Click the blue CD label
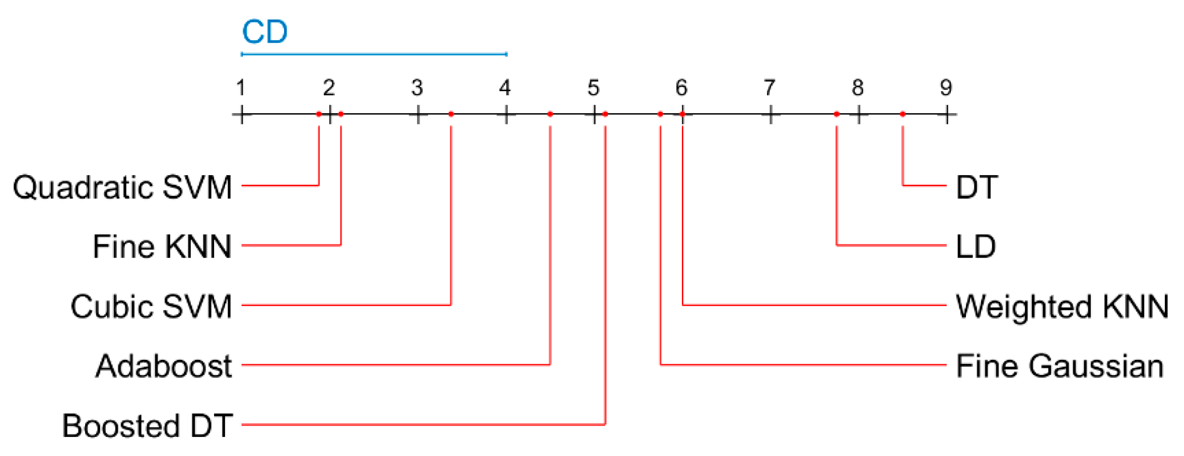pyautogui.click(x=264, y=32)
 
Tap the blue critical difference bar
pyautogui.click(x=374, y=54)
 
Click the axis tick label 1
pyautogui.click(x=241, y=88)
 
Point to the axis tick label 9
pyautogui.click(x=946, y=88)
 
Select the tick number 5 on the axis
pyautogui.click(x=593, y=88)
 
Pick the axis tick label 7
pyautogui.click(x=769, y=88)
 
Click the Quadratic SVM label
pyautogui.click(x=122, y=187)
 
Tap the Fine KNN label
pyautogui.click(x=162, y=247)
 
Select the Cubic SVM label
pyautogui.click(x=151, y=306)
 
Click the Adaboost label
pyautogui.click(x=164, y=366)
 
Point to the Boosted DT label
pyautogui.click(x=147, y=425)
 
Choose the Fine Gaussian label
pyautogui.click(x=1060, y=366)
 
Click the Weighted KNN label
pyautogui.click(x=1062, y=306)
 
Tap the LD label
pyautogui.click(x=976, y=247)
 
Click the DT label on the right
pyautogui.click(x=977, y=187)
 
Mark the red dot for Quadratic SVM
pyautogui.click(x=319, y=114)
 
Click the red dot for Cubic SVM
pyautogui.click(x=451, y=114)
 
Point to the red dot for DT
pyautogui.click(x=902, y=114)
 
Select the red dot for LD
pyautogui.click(x=837, y=114)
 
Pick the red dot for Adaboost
pyautogui.click(x=550, y=114)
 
